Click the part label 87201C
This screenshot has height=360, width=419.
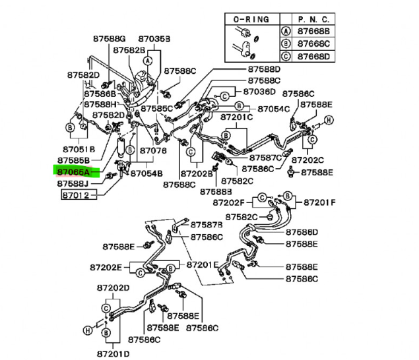coord(236,117)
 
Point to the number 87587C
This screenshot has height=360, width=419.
coord(265,158)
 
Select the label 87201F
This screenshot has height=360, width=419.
coord(319,202)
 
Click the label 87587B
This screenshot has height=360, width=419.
coord(206,225)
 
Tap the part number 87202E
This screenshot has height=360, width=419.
coord(104,268)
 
